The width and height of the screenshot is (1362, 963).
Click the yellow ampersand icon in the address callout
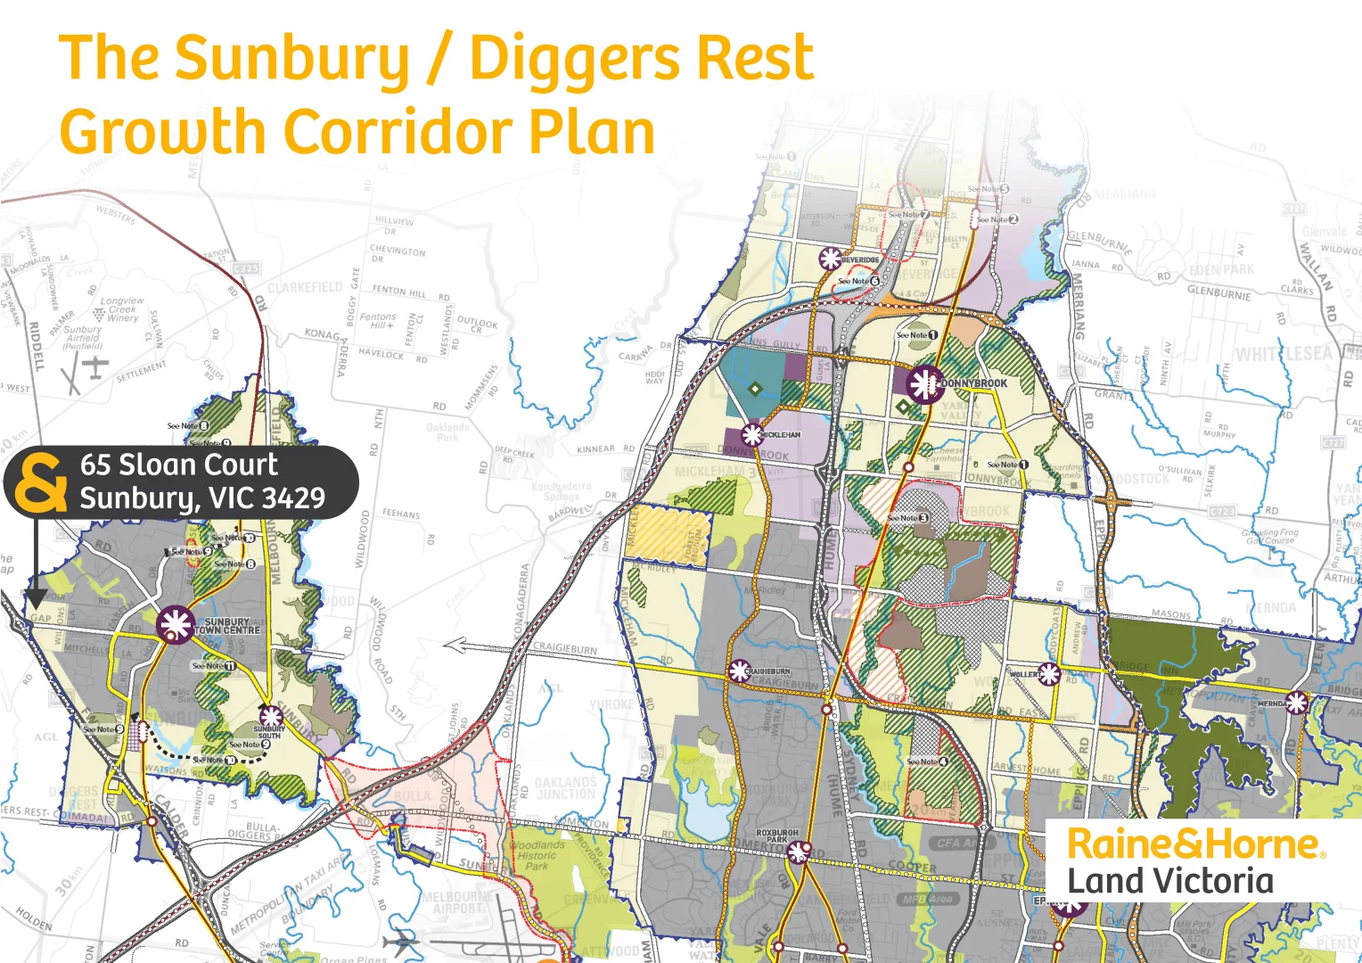(x=42, y=482)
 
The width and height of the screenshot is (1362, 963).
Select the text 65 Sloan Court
(x=178, y=465)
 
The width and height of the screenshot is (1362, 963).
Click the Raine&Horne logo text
(x=1194, y=844)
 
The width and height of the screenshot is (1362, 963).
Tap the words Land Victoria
(x=1170, y=881)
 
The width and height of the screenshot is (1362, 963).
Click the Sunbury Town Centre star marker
(x=176, y=624)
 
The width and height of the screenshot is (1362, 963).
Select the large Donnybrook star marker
(x=924, y=384)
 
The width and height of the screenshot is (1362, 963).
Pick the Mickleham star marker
(x=752, y=434)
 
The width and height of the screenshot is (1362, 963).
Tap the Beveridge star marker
(x=830, y=259)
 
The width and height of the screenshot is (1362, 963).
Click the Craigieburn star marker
(x=739, y=671)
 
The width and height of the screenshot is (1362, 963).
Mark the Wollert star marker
(x=1049, y=674)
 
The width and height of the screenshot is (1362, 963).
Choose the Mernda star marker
(x=1297, y=703)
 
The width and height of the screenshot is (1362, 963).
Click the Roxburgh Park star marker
(x=798, y=852)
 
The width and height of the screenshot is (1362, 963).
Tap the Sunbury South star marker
(x=270, y=716)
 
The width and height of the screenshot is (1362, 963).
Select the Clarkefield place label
(x=305, y=287)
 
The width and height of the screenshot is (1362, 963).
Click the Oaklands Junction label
(x=565, y=788)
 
